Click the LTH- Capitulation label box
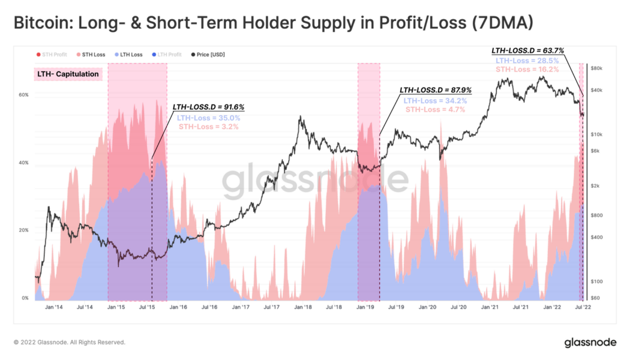[x=68, y=74]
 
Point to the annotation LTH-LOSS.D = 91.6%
[x=208, y=107]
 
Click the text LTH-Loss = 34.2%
[x=435, y=100]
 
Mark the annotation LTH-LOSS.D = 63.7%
[x=527, y=50]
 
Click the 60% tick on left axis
[x=23, y=95]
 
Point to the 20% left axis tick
[x=23, y=230]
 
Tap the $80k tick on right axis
[x=596, y=68]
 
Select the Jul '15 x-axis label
[x=147, y=307]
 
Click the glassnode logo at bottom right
[x=590, y=342]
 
